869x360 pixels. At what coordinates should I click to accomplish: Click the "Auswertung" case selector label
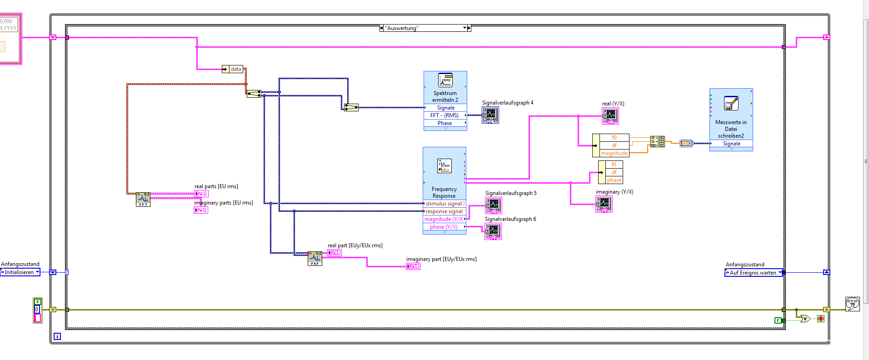pyautogui.click(x=423, y=28)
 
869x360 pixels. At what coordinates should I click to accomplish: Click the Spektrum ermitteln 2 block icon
pyautogui.click(x=445, y=80)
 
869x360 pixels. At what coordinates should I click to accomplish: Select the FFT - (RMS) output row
pyautogui.click(x=445, y=115)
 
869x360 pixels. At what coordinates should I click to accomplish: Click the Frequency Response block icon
pyautogui.click(x=444, y=166)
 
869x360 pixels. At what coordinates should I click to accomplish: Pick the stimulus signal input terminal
pyautogui.click(x=444, y=204)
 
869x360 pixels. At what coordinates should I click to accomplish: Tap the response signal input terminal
pyautogui.click(x=444, y=211)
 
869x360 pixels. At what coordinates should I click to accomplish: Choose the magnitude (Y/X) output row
pyautogui.click(x=444, y=219)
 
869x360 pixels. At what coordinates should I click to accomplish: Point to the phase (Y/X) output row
pyautogui.click(x=444, y=227)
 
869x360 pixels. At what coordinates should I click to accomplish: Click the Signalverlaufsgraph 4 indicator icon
pyautogui.click(x=490, y=115)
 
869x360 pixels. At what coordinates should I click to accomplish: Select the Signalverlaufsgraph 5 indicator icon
pyautogui.click(x=494, y=206)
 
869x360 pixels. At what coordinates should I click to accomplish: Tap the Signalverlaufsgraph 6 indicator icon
pyautogui.click(x=493, y=232)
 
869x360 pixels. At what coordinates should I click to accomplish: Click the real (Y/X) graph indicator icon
pyautogui.click(x=610, y=116)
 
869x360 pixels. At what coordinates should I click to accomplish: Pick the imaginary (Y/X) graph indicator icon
pyautogui.click(x=604, y=205)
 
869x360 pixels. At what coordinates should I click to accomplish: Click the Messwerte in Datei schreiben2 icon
pyautogui.click(x=731, y=104)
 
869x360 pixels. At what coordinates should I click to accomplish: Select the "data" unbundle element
pyautogui.click(x=236, y=69)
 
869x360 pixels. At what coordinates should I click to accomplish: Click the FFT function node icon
pyautogui.click(x=143, y=199)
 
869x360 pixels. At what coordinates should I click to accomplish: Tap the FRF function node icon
pyautogui.click(x=315, y=258)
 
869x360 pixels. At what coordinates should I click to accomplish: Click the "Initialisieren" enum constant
pyautogui.click(x=20, y=272)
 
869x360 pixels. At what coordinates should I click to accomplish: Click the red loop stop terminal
pyautogui.click(x=820, y=319)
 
